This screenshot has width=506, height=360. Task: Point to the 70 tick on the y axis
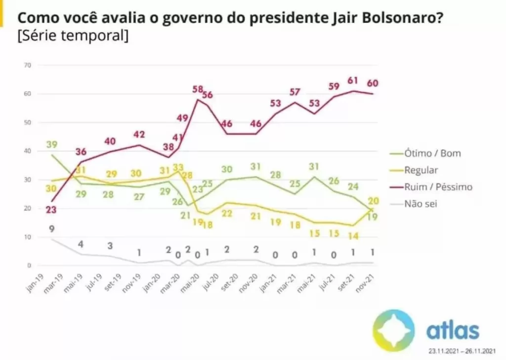point(28,65)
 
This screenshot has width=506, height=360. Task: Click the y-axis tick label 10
point(28,237)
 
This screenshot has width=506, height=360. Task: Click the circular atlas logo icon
point(393,330)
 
